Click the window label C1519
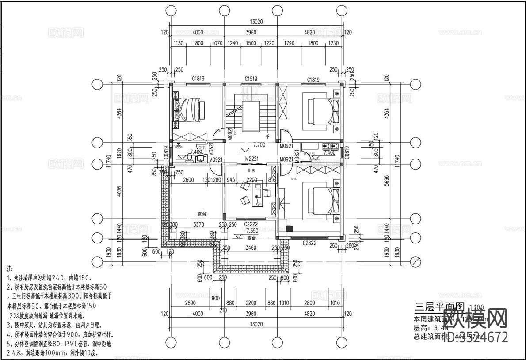[x=252, y=79]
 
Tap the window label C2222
[x=251, y=224]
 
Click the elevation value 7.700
[x=259, y=145]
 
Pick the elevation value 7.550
[x=252, y=231]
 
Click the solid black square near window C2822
[x=290, y=229]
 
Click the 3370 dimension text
[x=199, y=224]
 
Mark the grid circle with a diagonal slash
[x=415, y=261]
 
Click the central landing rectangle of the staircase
[x=251, y=116]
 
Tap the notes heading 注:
[x=10, y=268]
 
